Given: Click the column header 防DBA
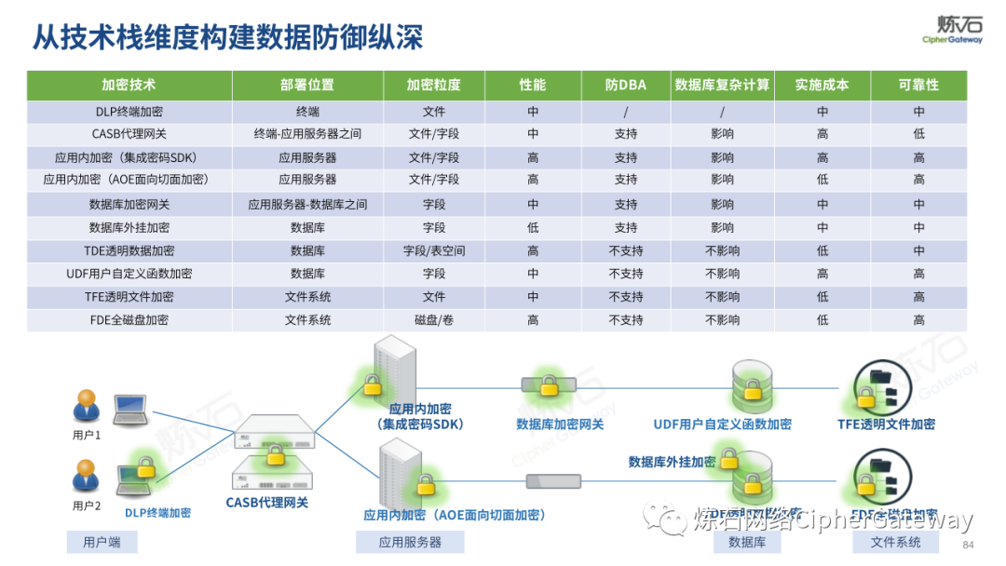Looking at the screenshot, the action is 626,85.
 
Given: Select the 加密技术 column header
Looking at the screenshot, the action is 129,85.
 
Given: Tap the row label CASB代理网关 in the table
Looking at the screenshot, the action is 129,134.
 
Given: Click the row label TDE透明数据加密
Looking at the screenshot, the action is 129,250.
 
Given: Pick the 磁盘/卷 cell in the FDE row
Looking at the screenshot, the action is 434,320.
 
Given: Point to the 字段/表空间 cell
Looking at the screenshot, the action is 434,250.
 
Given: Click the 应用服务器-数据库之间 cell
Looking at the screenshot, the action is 307,204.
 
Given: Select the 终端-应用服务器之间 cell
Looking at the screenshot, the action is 307,134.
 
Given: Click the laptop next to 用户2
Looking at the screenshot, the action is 132,478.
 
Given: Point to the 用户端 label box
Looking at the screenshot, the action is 102,542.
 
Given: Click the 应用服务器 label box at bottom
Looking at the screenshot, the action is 410,542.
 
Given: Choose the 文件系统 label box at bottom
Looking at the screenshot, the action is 895,542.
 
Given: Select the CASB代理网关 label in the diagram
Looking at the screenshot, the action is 267,503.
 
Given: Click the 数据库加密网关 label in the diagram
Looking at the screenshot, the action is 560,424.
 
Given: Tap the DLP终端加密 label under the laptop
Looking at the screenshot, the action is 157,513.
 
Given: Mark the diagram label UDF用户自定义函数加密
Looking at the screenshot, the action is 723,424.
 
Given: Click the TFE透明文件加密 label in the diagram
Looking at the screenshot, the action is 886,424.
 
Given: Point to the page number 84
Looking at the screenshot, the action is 968,545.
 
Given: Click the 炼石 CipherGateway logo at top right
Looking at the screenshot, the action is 952,29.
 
